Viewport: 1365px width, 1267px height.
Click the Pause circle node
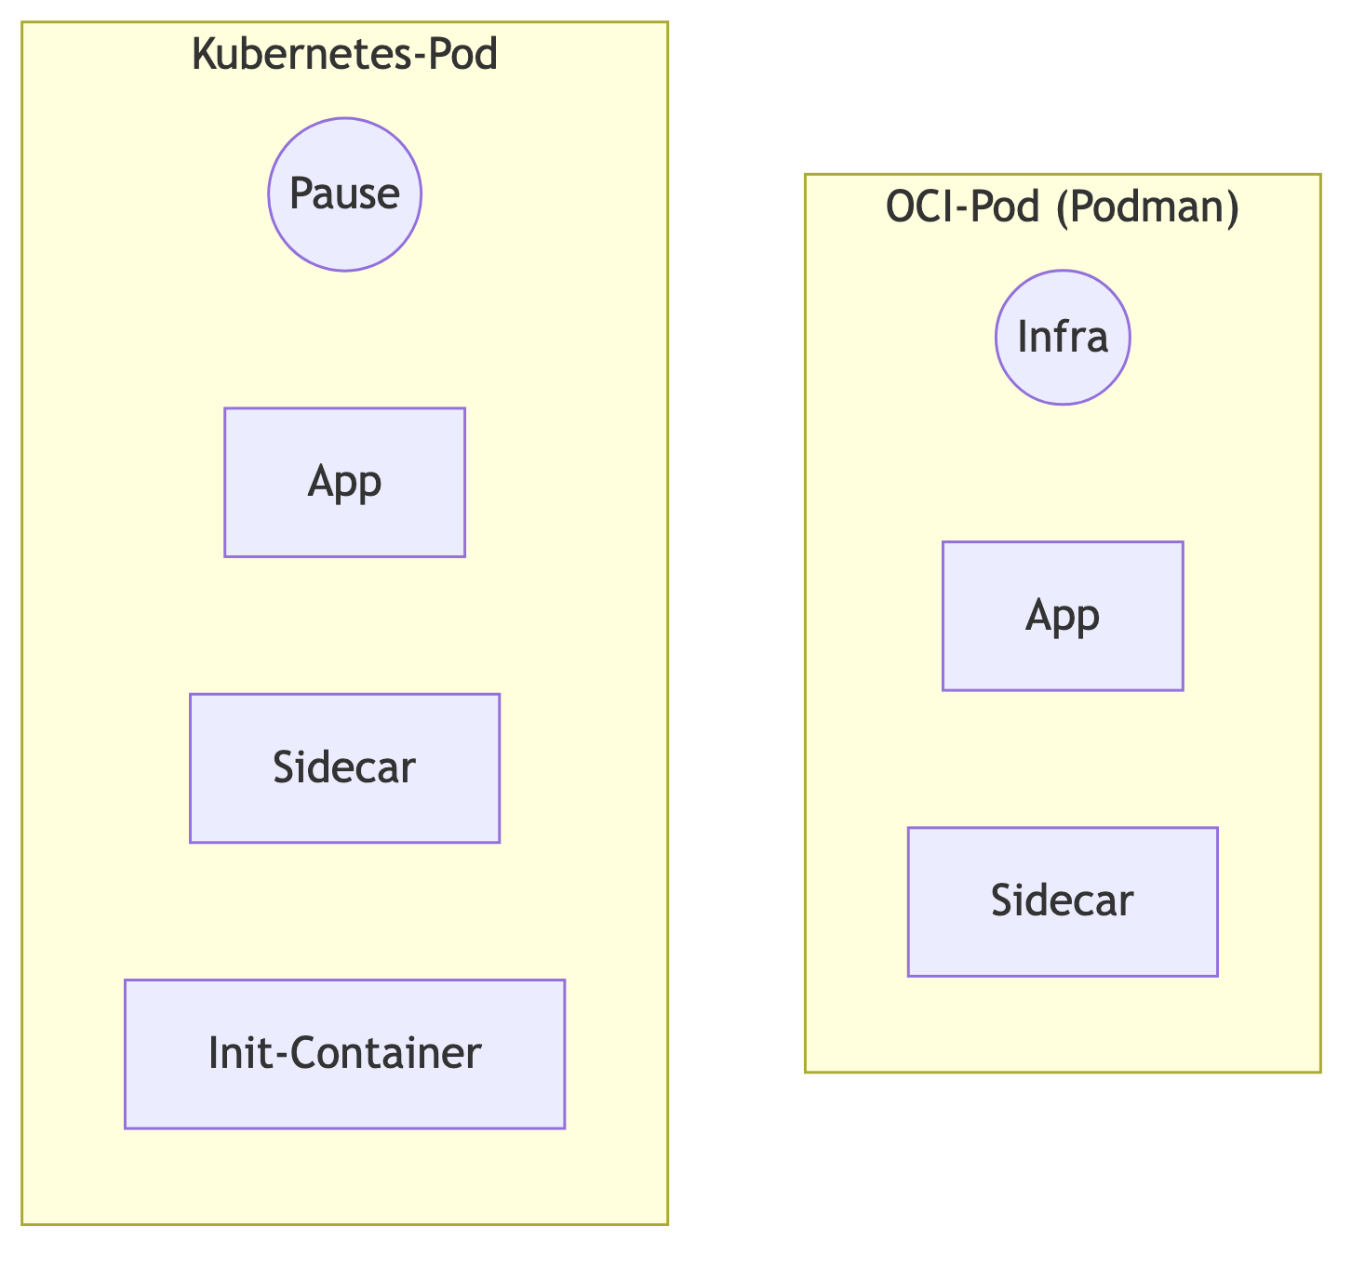coord(344,193)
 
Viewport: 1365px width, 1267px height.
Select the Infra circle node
coord(1063,337)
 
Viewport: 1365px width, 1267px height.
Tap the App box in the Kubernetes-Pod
coord(344,482)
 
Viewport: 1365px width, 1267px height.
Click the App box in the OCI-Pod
coord(1063,616)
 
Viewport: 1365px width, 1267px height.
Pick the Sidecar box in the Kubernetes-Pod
coord(344,768)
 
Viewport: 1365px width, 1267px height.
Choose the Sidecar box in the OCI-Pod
coord(1063,901)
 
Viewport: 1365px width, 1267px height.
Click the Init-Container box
coord(344,1054)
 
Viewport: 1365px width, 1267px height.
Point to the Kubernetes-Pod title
coord(344,54)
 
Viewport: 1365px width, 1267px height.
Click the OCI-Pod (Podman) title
coord(1063,207)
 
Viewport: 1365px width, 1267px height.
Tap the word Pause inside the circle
coord(344,193)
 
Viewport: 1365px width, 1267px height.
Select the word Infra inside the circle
coord(1063,337)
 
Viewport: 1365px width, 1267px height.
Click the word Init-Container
coord(344,1054)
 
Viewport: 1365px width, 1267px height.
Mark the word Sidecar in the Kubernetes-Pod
coord(344,768)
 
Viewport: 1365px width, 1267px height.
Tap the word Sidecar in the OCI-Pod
coord(1063,901)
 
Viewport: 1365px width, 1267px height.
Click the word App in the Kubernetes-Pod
coord(344,483)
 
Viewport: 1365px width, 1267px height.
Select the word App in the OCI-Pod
coord(1063,617)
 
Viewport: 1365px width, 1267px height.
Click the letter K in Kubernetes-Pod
coord(201,54)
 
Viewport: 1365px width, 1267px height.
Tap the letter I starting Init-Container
coord(214,1054)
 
